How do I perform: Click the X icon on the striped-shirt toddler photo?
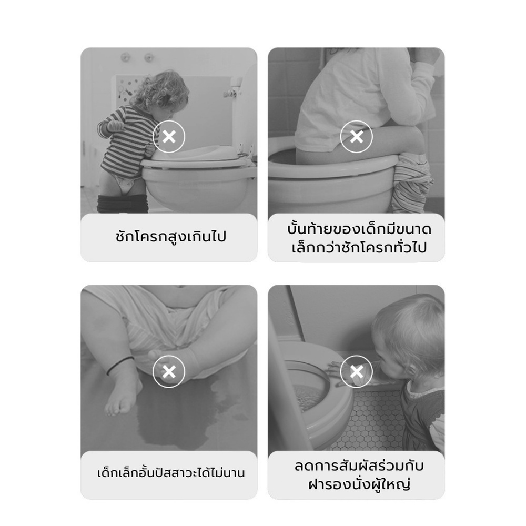169,137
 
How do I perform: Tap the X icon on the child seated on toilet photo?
356,137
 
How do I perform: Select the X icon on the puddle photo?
169,372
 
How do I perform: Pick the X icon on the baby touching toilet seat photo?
356,372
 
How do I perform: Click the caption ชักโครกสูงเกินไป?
171,236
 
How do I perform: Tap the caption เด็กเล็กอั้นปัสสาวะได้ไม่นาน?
171,473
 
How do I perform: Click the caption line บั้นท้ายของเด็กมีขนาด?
359,229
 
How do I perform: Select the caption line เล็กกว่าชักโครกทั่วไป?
359,248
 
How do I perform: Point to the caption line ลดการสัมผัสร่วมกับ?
359,466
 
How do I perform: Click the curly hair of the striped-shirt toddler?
161,89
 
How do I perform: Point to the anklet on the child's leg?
120,366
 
